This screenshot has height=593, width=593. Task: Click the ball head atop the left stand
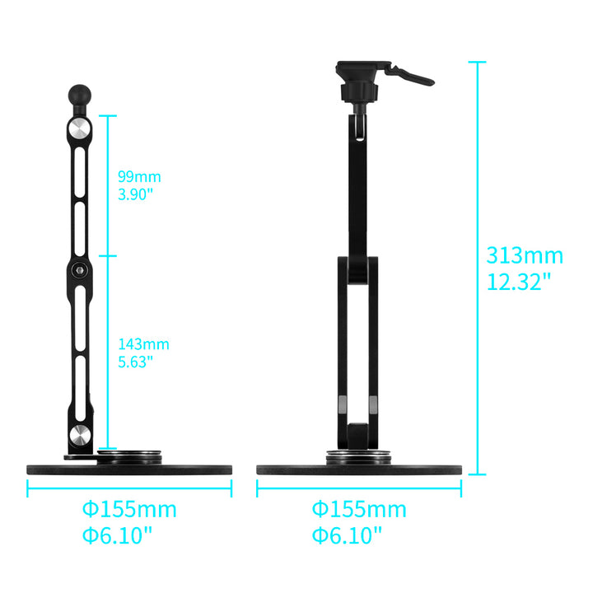(x=79, y=95)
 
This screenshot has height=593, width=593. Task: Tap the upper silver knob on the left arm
(x=79, y=129)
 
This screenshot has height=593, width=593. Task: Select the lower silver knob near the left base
(x=80, y=435)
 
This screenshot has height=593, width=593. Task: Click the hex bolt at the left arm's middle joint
(x=79, y=270)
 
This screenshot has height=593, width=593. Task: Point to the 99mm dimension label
(x=139, y=177)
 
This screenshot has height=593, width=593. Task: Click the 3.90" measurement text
(x=135, y=194)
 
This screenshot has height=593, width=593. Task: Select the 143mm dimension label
(x=143, y=344)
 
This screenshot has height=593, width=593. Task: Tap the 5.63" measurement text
(x=135, y=362)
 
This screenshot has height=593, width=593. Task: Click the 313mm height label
(x=525, y=255)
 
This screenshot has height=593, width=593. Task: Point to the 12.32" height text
(x=519, y=282)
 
